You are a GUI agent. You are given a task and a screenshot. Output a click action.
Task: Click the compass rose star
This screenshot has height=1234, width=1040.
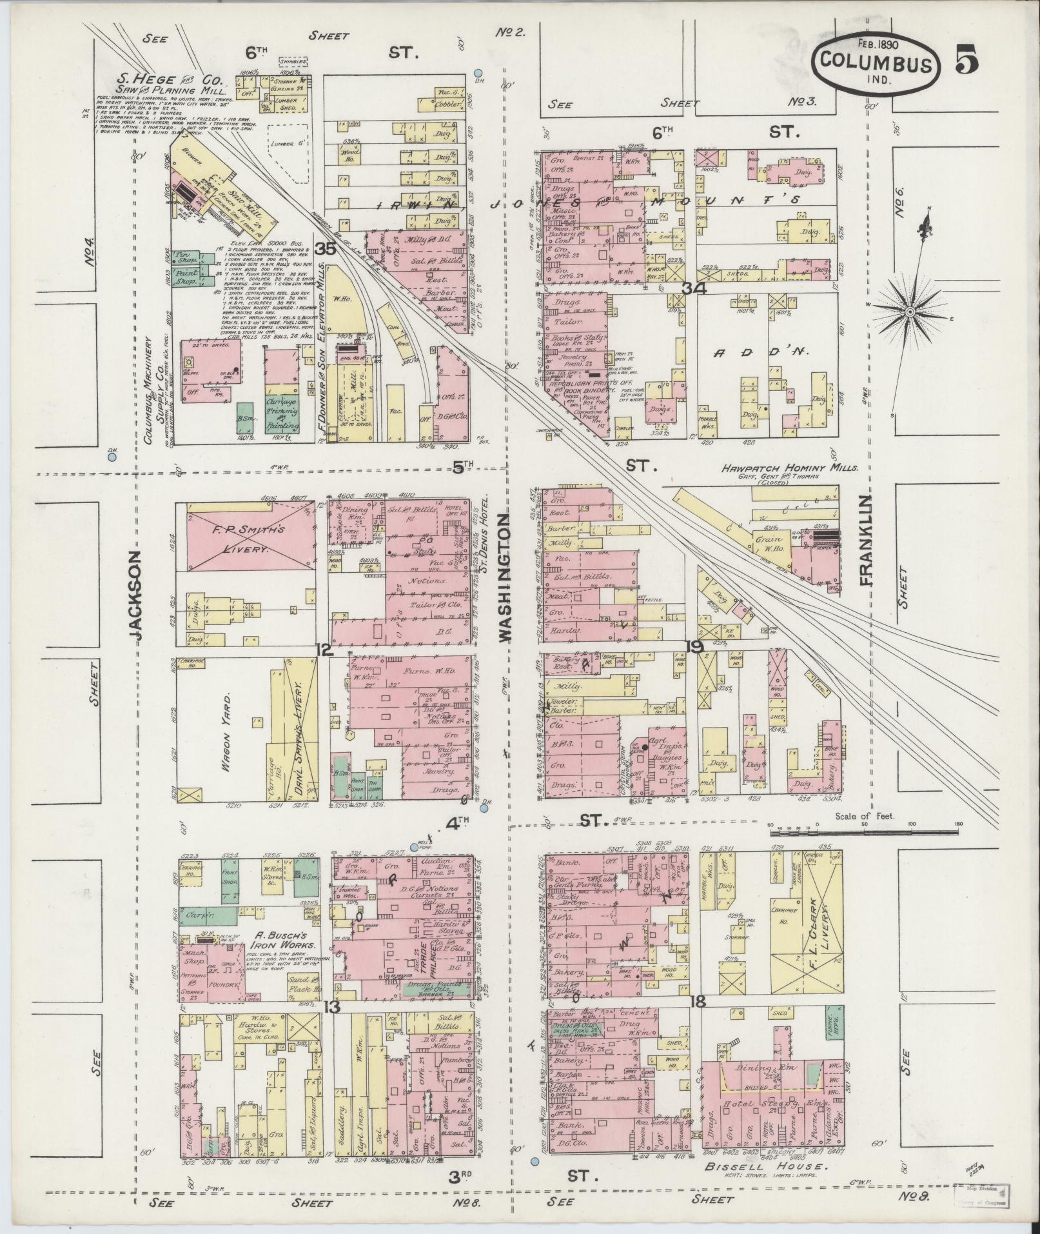(x=910, y=312)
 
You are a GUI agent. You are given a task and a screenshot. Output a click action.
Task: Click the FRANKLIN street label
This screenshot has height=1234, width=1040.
(x=866, y=541)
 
